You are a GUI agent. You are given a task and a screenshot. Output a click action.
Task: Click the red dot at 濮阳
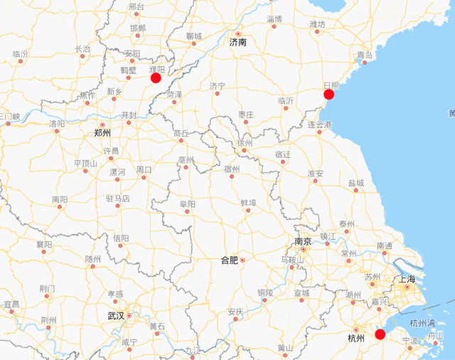(156, 77)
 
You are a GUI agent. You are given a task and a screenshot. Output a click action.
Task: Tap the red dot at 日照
(328, 94)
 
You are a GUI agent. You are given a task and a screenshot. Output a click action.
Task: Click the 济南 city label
(237, 43)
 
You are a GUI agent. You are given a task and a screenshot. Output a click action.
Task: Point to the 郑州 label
(102, 133)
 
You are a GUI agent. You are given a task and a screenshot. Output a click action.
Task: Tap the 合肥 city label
(230, 260)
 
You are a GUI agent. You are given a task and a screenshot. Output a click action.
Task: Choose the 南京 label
(304, 241)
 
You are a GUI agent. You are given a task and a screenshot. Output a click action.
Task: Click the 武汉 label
(116, 316)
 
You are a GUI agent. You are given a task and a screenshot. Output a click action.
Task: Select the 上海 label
(407, 279)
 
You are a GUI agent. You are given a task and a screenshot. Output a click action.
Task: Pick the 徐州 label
(245, 142)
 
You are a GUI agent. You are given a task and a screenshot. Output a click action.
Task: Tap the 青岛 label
(365, 55)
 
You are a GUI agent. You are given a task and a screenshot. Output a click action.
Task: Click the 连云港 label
(320, 125)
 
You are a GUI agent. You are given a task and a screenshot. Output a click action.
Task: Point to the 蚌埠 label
(249, 203)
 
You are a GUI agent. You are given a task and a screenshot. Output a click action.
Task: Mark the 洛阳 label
(57, 124)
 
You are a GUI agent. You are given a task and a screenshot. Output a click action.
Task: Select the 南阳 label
(60, 201)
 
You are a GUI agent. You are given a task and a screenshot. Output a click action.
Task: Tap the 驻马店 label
(118, 198)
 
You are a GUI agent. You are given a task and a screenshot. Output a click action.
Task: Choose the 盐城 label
(356, 183)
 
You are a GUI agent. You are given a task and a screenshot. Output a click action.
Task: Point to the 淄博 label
(274, 18)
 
